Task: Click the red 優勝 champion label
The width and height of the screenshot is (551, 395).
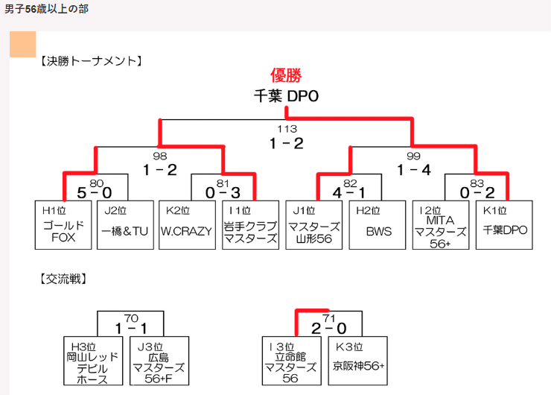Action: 286,76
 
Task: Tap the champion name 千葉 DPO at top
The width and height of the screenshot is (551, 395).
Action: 286,96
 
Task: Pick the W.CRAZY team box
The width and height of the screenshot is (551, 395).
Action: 186,225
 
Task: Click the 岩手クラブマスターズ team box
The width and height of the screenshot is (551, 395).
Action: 250,225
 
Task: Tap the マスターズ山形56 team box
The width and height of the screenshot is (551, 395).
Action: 313,225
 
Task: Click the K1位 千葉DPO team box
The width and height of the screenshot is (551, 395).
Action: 504,225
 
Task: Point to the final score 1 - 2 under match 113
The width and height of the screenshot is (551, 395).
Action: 286,143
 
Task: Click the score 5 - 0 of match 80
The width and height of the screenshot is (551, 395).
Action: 95,192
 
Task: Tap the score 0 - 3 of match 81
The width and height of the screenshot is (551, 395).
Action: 223,192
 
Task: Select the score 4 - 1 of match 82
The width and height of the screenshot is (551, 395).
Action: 349,192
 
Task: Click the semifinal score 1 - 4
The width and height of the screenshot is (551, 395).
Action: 414,169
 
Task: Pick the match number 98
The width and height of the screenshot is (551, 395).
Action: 159,156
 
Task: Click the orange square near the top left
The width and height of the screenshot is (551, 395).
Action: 22,44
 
